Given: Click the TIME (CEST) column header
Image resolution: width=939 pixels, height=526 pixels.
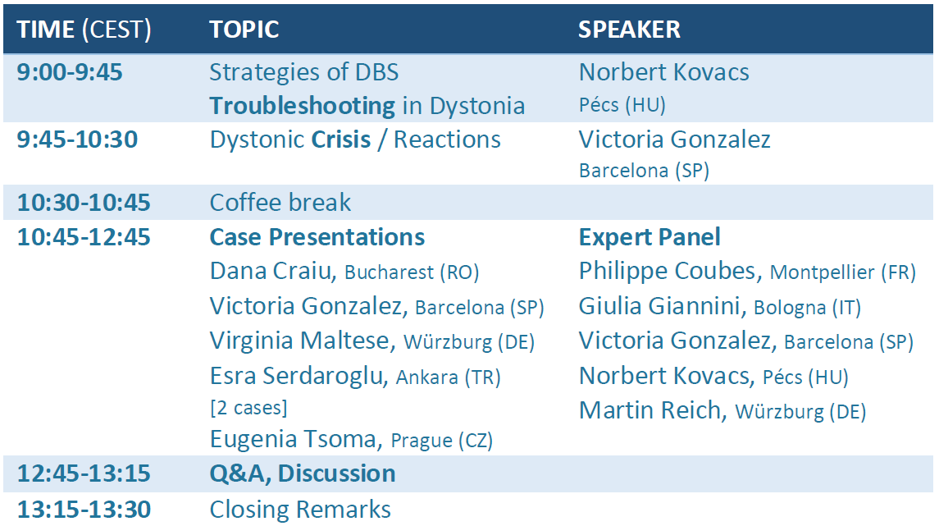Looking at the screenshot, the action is point(84,30).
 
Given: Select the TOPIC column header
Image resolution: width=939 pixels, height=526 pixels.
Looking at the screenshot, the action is point(244,30).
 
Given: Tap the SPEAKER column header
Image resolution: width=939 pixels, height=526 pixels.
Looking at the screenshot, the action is point(629,30).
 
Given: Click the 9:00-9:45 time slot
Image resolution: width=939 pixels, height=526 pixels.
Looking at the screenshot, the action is point(70,72).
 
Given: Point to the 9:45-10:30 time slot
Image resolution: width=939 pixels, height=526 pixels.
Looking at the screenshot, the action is point(77,140).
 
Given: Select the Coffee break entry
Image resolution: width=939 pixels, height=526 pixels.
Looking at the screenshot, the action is point(280,203).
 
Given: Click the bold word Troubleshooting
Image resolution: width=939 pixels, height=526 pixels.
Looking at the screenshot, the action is point(303,106).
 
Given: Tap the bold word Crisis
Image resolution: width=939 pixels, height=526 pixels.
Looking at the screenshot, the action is point(341,140).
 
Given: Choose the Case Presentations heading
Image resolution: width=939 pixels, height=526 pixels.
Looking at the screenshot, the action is point(317,237).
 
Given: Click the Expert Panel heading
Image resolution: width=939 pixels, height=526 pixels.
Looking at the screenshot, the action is point(650,237).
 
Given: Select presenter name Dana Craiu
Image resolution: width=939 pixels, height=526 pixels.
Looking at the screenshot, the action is point(271,271).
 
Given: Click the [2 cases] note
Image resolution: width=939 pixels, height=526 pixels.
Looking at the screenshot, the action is point(248,408).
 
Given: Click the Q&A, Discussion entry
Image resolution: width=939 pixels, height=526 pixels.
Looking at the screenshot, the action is point(303,473).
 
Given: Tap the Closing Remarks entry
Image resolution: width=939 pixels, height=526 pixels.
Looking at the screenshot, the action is point(300,510).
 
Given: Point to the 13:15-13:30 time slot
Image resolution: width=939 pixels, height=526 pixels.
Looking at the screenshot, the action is point(84,510).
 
